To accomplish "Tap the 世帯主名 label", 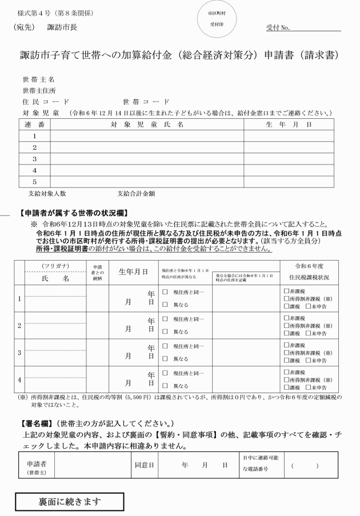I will click(39, 79).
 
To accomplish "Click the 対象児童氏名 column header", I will click(146, 124).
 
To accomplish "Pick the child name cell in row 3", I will click(146, 158).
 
